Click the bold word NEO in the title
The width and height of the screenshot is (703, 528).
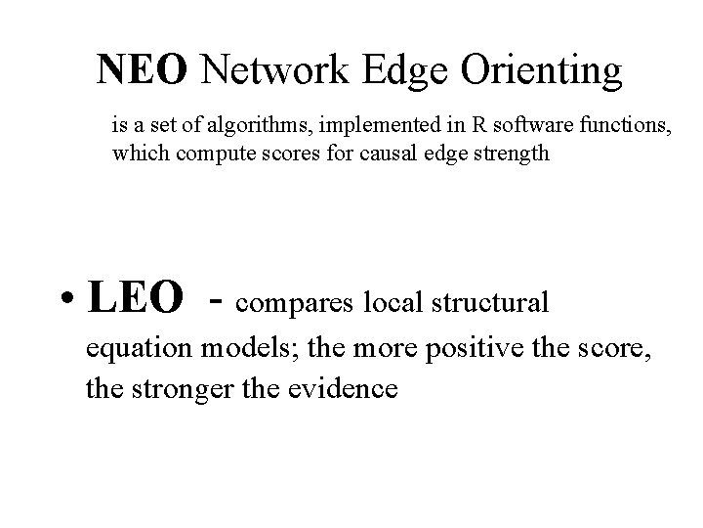(x=145, y=69)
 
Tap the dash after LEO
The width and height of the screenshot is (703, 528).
(x=218, y=301)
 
